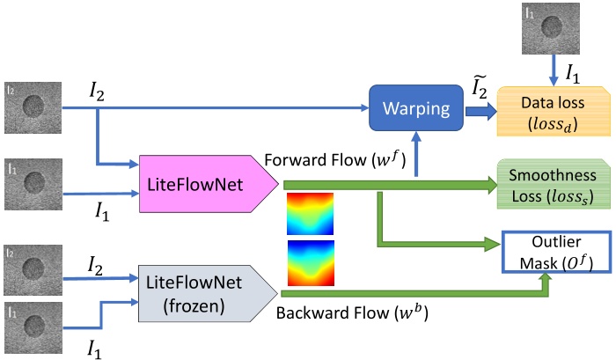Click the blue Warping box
416,109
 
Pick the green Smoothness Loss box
554,184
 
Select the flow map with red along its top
311,214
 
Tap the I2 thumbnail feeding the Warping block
33,108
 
